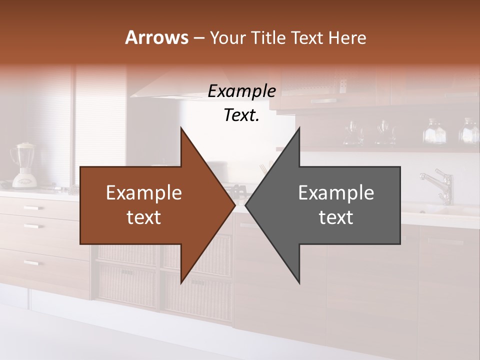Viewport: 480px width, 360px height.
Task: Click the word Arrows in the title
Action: coord(156,37)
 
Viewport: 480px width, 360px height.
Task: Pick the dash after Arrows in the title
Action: coord(198,38)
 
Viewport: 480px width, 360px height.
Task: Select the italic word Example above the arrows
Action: coord(241,91)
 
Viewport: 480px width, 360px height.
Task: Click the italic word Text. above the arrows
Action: coord(241,115)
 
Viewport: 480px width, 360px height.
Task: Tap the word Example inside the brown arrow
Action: coord(144,193)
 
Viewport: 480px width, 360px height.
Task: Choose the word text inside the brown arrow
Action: coord(144,217)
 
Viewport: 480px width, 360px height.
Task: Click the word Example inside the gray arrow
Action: coord(336,193)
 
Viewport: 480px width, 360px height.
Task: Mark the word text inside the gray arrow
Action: coord(336,217)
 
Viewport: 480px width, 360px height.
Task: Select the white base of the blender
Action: coord(22,179)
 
